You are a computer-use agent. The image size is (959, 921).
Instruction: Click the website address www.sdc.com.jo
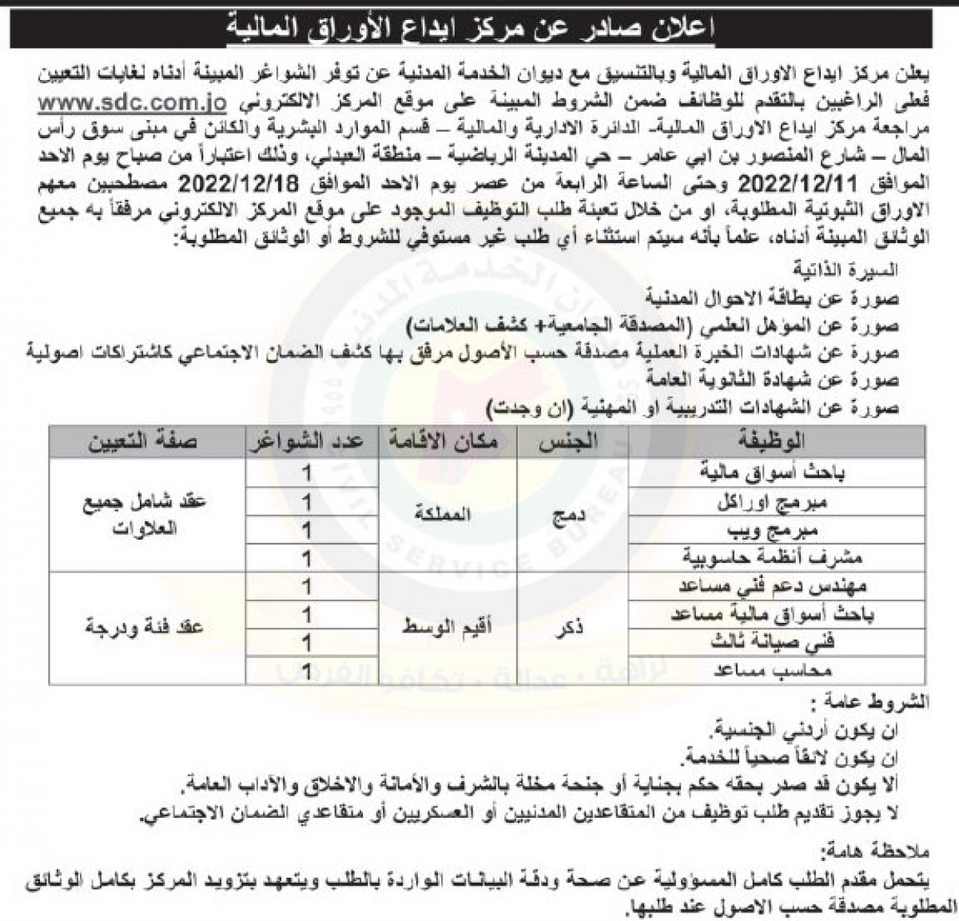[x=132, y=104]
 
